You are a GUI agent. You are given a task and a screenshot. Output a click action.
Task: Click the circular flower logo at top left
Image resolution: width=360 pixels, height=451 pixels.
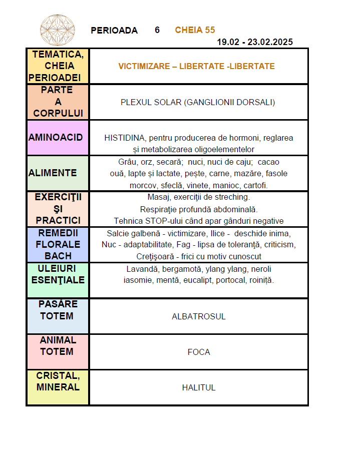(x=57, y=30)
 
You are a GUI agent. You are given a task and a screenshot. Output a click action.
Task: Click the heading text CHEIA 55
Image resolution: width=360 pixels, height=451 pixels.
(x=195, y=30)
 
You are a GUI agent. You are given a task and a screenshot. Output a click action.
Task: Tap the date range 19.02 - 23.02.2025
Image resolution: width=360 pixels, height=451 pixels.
(x=255, y=42)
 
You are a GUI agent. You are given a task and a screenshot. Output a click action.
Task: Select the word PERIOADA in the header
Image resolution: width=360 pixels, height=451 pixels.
(x=114, y=31)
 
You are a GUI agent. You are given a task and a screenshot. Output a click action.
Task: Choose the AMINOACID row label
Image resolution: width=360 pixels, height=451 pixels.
(x=56, y=137)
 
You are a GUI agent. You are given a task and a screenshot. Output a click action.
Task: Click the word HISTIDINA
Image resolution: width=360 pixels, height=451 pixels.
(x=125, y=138)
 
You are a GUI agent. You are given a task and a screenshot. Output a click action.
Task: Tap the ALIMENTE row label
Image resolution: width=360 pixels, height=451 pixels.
(x=53, y=173)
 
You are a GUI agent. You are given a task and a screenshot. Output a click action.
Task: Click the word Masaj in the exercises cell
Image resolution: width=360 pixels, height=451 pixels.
(x=158, y=197)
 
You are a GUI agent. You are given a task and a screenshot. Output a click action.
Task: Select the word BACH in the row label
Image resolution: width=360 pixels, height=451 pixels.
(x=58, y=256)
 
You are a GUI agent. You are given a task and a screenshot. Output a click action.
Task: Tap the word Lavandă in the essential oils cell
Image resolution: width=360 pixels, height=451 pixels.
(x=142, y=269)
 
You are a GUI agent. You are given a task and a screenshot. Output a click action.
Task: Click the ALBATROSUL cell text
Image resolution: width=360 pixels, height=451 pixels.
(x=199, y=316)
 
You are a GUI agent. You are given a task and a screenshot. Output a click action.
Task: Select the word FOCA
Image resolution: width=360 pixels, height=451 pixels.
(x=199, y=352)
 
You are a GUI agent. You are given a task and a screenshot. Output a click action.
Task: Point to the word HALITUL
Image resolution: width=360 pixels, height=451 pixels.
(x=199, y=387)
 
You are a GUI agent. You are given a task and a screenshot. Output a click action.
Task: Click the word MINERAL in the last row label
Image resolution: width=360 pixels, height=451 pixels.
(x=58, y=387)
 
